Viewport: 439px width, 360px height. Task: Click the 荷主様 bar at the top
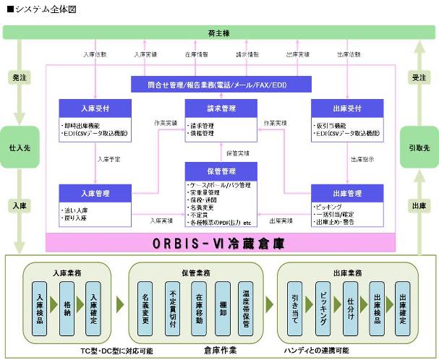219,32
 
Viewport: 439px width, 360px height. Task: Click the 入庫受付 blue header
95,108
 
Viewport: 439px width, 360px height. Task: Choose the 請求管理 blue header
221,108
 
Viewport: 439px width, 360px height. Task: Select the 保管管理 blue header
221,171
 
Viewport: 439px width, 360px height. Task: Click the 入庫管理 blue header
95,193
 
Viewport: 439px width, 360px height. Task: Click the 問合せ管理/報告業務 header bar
221,85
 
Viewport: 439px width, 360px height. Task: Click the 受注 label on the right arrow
419,75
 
